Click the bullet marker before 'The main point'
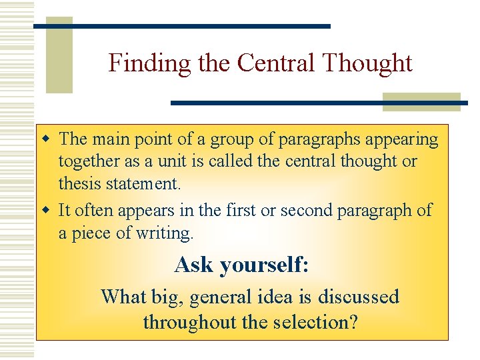46,139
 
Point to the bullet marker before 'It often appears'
46,211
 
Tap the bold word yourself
263,265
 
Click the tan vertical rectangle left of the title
59,55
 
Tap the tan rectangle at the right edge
421,101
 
